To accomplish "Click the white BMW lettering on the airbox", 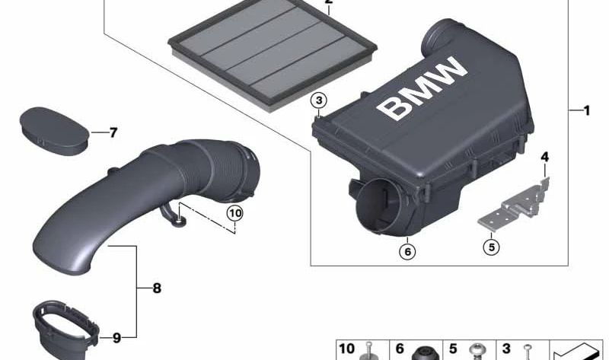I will tap(423, 90).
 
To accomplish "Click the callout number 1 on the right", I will tap(586, 110).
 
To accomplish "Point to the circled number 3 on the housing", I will tap(320, 100).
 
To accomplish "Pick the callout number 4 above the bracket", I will tap(544, 158).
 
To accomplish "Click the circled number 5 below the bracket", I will tap(491, 245).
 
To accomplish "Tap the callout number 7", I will tap(113, 133).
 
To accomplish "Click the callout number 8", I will tap(156, 288).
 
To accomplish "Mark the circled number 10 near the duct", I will tap(234, 214).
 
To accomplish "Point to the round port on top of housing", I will tap(442, 35).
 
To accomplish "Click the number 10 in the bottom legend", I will tap(346, 349).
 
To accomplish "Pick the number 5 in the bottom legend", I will tap(452, 349).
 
